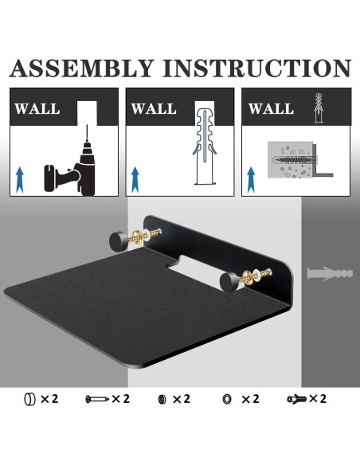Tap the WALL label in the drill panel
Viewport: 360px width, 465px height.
pos(37,108)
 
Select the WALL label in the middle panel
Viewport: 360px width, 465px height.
pos(154,108)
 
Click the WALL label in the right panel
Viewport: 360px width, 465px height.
pos(272,108)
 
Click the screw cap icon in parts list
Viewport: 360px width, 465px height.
pos(29,398)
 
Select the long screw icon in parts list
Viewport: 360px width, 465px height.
pos(96,398)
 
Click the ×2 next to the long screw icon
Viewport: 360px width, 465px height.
pos(121,398)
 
